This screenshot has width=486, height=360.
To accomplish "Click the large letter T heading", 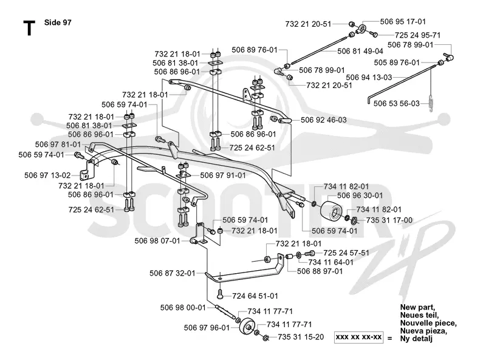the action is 29,28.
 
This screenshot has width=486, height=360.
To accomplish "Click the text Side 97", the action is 58,22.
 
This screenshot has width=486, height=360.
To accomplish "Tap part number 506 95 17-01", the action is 403,21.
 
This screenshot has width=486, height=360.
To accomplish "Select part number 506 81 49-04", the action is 360,51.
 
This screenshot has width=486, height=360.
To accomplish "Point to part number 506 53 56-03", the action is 397,103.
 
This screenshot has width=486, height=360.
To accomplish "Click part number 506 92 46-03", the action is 324,120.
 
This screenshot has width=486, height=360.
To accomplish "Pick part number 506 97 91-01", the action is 223,175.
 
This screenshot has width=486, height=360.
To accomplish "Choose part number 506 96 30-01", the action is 360,195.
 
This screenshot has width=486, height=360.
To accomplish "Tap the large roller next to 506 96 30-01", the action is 331,211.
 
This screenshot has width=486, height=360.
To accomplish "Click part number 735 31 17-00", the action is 389,220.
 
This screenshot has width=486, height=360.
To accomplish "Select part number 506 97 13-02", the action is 47,175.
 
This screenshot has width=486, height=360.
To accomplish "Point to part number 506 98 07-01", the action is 157,241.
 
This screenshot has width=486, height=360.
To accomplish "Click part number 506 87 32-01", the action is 173,273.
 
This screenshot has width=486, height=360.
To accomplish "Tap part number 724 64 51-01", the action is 255,296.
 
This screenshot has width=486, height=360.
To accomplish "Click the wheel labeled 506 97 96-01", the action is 247,326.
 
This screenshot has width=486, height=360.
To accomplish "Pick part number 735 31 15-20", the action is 301,337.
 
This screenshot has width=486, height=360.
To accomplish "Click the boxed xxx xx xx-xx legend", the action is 359,337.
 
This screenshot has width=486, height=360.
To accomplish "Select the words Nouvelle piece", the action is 428,323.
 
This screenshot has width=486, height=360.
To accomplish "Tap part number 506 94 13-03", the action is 369,77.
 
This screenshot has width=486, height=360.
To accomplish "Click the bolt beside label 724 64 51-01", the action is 220,294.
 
